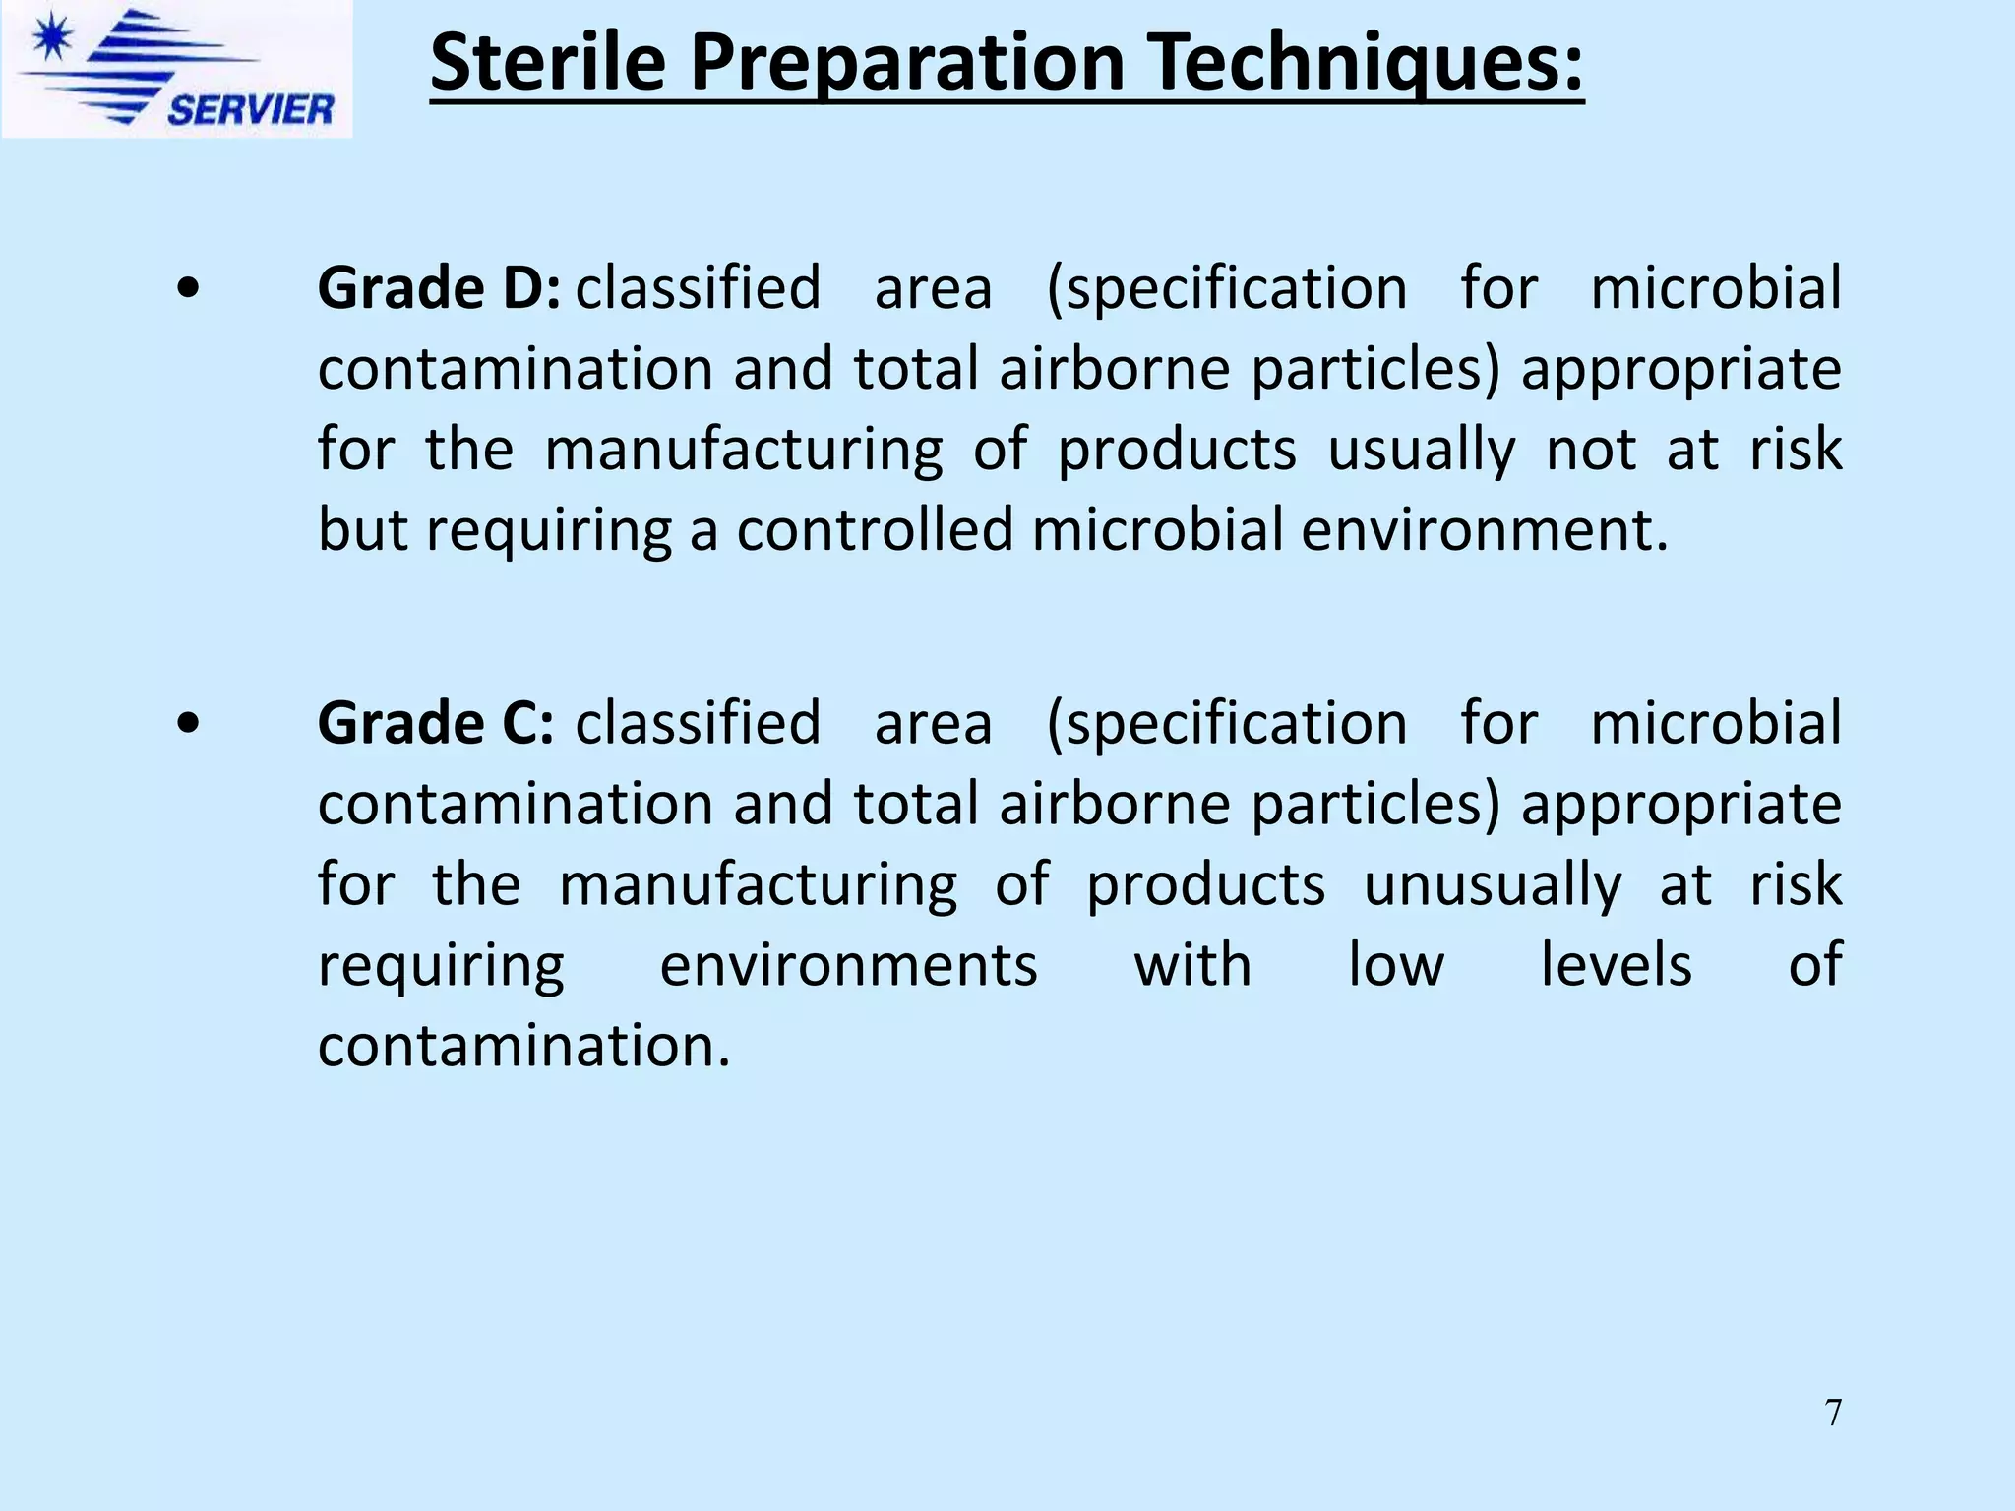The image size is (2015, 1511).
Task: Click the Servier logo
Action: (177, 69)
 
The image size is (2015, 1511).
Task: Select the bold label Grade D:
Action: (439, 288)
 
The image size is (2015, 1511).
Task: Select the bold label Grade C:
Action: (436, 723)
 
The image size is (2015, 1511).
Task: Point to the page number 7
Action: (1833, 1413)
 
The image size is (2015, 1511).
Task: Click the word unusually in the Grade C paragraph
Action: (1492, 884)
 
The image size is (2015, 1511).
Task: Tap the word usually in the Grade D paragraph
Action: (1421, 450)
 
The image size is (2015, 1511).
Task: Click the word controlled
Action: (874, 530)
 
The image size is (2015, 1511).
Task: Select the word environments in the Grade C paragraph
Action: (848, 965)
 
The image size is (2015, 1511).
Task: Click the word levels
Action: (1616, 965)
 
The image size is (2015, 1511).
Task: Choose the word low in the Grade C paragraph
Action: (1395, 965)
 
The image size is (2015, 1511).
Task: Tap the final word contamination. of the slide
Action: (524, 1046)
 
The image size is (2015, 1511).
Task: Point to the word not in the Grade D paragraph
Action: (1591, 450)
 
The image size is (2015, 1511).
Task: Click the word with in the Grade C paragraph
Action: (1192, 965)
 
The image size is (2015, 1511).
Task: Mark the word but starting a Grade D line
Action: (361, 530)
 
